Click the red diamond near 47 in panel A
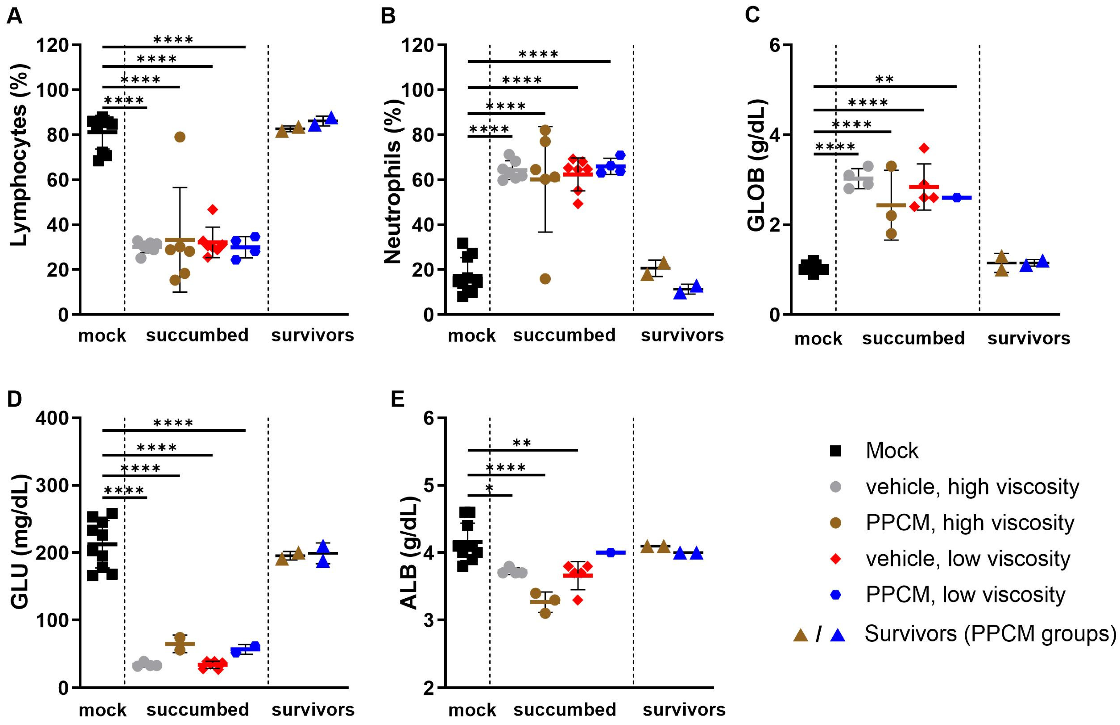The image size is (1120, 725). click(x=213, y=209)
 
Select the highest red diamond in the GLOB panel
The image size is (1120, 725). click(x=924, y=148)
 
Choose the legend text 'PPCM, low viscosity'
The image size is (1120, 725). click(x=965, y=595)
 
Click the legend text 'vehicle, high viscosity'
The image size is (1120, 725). click(x=972, y=487)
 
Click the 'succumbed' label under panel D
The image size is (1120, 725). click(x=197, y=710)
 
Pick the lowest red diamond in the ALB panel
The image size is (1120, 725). click(x=578, y=600)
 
